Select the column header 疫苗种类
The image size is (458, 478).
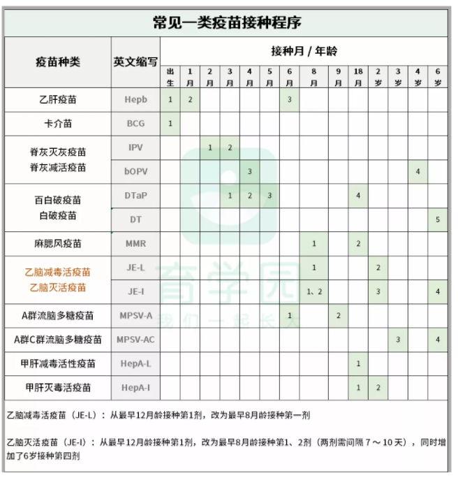tap(58, 61)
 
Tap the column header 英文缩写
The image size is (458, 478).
tap(135, 61)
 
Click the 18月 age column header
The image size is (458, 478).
tap(358, 77)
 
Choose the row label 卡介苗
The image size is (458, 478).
tap(58, 124)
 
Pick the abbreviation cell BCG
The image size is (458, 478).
tap(135, 124)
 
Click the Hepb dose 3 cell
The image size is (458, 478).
tap(289, 99)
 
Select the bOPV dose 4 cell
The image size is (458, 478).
tap(418, 171)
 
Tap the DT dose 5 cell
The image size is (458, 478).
tap(438, 219)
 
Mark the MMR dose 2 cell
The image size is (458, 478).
tap(358, 243)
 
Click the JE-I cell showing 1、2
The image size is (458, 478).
tap(314, 291)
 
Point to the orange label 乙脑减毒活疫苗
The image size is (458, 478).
tap(58, 271)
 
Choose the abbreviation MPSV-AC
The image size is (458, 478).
tap(135, 340)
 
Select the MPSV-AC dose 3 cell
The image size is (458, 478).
tap(398, 340)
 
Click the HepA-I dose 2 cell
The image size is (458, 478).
tap(378, 387)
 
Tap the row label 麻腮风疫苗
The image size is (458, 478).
tap(58, 244)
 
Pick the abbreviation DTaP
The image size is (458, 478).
tap(135, 196)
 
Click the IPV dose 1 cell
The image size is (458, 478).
tap(209, 147)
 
